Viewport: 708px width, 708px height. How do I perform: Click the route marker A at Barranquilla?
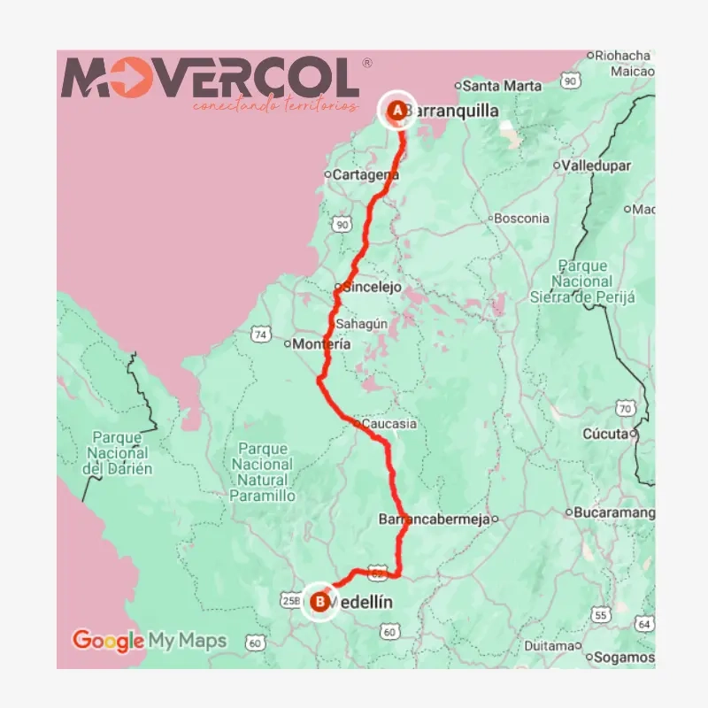pos(397,111)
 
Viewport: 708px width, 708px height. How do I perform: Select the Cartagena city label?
pos(365,175)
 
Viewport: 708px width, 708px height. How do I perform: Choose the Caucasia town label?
pos(389,424)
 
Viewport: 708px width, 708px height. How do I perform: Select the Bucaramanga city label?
pos(614,512)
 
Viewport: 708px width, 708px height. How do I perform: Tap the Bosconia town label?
pos(521,218)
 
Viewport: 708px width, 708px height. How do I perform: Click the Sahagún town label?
pos(361,324)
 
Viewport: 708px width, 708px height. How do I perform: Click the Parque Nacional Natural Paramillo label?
pos(263,472)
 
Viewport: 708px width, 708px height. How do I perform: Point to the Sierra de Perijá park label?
pos(582,281)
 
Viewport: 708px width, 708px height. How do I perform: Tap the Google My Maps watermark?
pos(150,640)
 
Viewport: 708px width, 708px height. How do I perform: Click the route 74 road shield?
pos(259,335)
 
